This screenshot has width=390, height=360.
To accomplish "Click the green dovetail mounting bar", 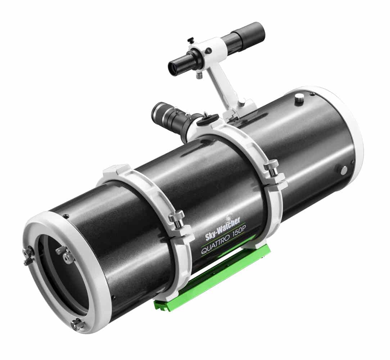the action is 212,277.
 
